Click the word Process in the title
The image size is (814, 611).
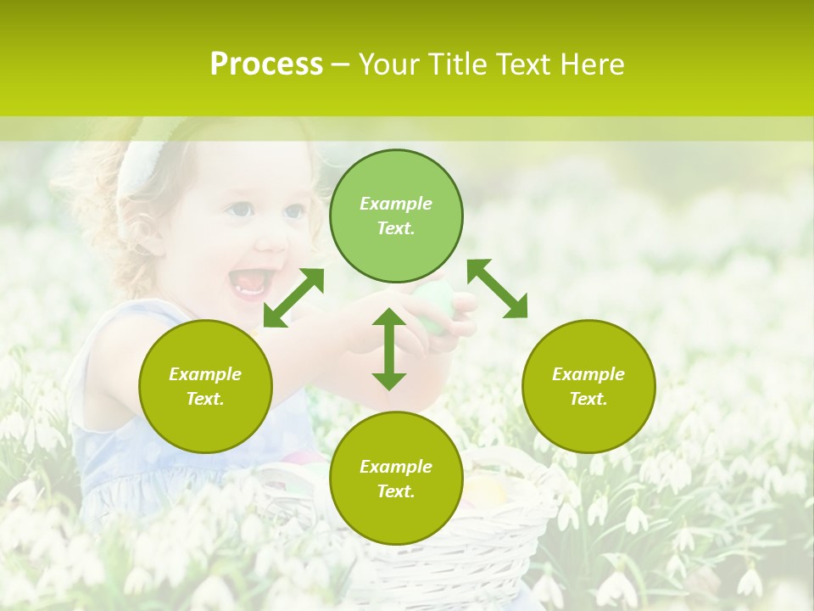pos(266,64)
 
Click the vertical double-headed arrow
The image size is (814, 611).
pos(389,349)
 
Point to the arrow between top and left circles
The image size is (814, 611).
pos(293,298)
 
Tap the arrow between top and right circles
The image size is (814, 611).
pos(497,289)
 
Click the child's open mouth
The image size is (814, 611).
pos(251,282)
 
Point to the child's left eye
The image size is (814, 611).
pos(240,210)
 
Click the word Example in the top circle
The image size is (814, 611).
pos(396,204)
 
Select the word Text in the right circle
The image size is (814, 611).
pos(588,399)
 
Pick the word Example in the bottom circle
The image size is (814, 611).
pos(396,467)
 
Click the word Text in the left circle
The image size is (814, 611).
pos(205,399)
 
